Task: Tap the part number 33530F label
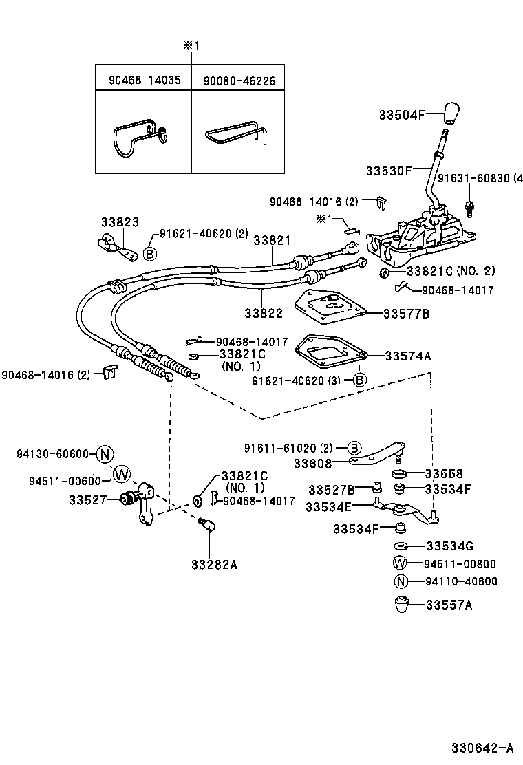[x=388, y=170]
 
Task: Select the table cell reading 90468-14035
[x=145, y=80]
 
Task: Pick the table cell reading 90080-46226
[x=239, y=80]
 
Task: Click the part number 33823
[x=120, y=222]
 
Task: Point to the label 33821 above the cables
[x=272, y=241]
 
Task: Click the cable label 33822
[x=264, y=313]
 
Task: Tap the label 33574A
[x=408, y=356]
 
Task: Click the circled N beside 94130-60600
[x=105, y=453]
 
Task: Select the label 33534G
[x=449, y=546]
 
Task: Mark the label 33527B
[x=332, y=490]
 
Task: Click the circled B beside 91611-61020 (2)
[x=353, y=448]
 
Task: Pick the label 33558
[x=444, y=473]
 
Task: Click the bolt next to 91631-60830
[x=470, y=206]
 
